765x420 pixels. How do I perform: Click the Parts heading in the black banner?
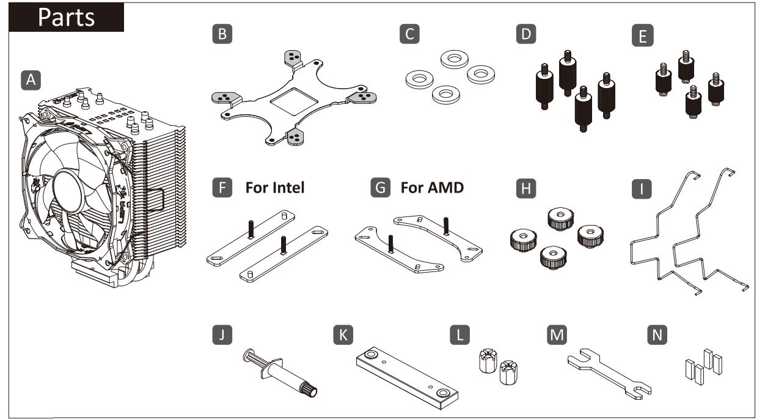click(67, 17)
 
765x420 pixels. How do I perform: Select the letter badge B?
click(225, 35)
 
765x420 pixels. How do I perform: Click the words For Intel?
click(274, 188)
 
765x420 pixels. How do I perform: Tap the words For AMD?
click(432, 188)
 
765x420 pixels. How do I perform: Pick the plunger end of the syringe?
click(252, 357)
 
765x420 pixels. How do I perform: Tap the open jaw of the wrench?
click(641, 391)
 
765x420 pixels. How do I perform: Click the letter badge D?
click(524, 35)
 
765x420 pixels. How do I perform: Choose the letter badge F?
click(225, 188)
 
